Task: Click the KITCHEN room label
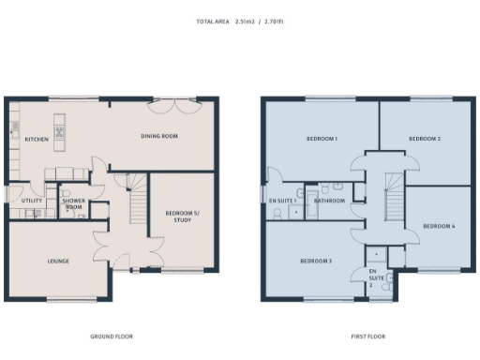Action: click(37, 139)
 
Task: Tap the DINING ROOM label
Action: click(159, 136)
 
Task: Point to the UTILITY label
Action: click(20, 200)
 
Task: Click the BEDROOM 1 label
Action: click(321, 139)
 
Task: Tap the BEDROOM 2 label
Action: click(424, 139)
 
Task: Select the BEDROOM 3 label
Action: click(316, 260)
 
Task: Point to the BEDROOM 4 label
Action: click(438, 227)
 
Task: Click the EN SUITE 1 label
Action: click(282, 201)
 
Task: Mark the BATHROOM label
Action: click(329, 201)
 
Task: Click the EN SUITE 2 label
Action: click(375, 276)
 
